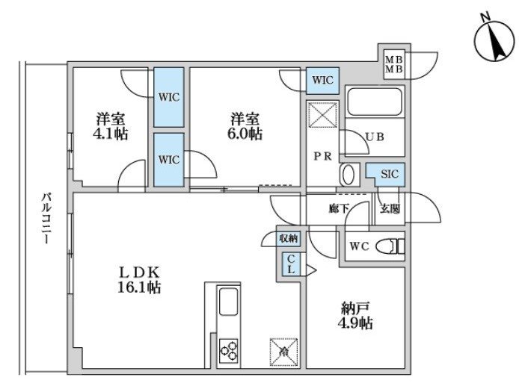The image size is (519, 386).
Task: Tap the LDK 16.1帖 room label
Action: point(139,280)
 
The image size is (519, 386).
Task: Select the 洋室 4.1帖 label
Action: point(111,127)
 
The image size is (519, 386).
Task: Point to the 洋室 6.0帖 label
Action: point(245,127)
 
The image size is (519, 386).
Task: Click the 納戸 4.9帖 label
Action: point(355,316)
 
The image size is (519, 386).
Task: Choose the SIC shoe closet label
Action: point(390,174)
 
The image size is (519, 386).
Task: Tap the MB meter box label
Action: point(394,65)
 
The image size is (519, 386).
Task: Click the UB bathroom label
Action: point(375,137)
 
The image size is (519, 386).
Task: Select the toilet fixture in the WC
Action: point(390,246)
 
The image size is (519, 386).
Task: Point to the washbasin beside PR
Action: point(348,175)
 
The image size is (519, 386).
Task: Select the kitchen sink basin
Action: point(228,302)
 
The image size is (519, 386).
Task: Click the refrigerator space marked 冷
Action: point(283,352)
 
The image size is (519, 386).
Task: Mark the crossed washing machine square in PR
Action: point(323,114)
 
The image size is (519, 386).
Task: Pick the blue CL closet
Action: point(291,264)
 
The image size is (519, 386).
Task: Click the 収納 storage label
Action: point(289,238)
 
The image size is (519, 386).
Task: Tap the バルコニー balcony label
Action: point(46,218)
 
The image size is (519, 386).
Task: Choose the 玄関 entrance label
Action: point(390,208)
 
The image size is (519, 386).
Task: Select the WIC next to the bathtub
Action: point(323,81)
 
